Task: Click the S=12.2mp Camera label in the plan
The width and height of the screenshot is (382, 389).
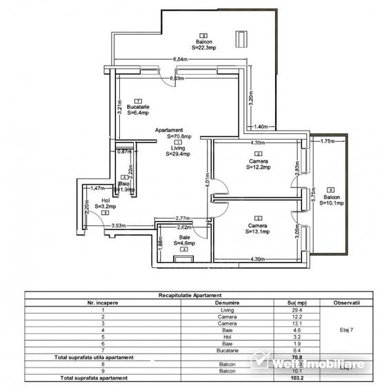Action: pos(259,163)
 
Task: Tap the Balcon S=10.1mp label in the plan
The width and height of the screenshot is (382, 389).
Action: pos(331,200)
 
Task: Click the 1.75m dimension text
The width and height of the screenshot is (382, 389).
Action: pos(328,141)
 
